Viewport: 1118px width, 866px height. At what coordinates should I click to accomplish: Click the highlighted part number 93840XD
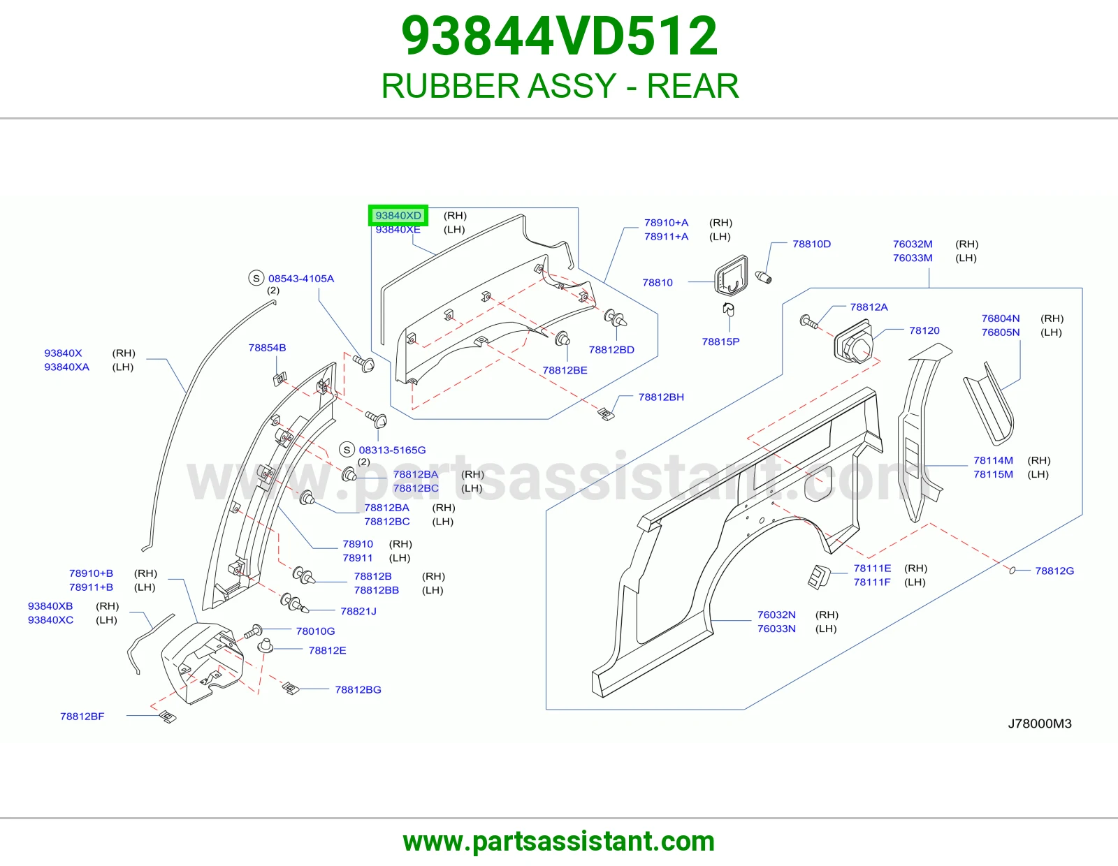[398, 216]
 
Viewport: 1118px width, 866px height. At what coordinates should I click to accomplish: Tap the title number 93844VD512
[559, 36]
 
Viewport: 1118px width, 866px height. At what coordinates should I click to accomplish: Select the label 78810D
[811, 244]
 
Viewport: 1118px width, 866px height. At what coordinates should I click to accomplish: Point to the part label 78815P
[720, 342]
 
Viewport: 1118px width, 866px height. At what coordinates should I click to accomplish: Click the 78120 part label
[924, 330]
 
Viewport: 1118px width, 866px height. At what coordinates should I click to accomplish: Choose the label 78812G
[1054, 571]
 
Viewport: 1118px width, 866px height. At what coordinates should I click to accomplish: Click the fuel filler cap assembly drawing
[854, 342]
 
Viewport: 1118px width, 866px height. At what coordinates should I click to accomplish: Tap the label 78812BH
[661, 397]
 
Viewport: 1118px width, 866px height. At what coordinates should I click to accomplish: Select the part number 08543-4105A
[301, 278]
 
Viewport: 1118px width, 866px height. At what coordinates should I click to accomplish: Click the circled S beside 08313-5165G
[347, 450]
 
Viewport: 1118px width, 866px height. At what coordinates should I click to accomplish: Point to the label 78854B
[267, 348]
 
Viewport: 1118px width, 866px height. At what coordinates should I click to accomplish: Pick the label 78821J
[358, 611]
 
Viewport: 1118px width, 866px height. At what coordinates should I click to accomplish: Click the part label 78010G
[315, 631]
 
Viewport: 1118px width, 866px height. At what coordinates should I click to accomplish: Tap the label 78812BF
[82, 716]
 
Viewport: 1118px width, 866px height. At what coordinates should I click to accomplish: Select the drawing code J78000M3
[1039, 724]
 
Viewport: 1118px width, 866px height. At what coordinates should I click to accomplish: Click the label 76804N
[1000, 318]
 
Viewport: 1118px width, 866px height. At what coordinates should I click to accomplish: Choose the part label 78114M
[993, 460]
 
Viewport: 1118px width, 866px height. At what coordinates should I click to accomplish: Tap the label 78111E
[872, 568]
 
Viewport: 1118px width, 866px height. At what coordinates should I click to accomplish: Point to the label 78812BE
[565, 370]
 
